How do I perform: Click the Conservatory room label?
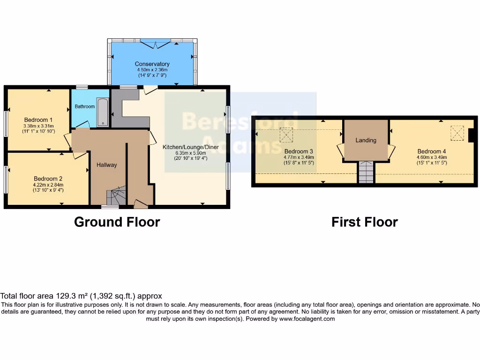pyautogui.click(x=152, y=64)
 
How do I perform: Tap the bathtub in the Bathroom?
pyautogui.click(x=103, y=112)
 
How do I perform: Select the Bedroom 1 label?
pyautogui.click(x=38, y=120)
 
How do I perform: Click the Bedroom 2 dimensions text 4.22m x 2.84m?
pyautogui.click(x=48, y=185)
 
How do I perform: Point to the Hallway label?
pyautogui.click(x=106, y=165)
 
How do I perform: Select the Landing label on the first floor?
pyautogui.click(x=366, y=140)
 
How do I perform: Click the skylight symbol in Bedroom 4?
pyautogui.click(x=457, y=133)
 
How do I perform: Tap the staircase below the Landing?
pyautogui.click(x=366, y=172)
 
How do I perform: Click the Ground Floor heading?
pyautogui.click(x=117, y=222)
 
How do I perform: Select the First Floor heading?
pyautogui.click(x=364, y=222)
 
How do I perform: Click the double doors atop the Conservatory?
pyautogui.click(x=155, y=44)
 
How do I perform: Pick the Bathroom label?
pyautogui.click(x=85, y=106)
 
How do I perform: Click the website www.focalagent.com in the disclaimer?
pyautogui.click(x=307, y=319)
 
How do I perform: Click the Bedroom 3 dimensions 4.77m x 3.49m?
pyautogui.click(x=299, y=157)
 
